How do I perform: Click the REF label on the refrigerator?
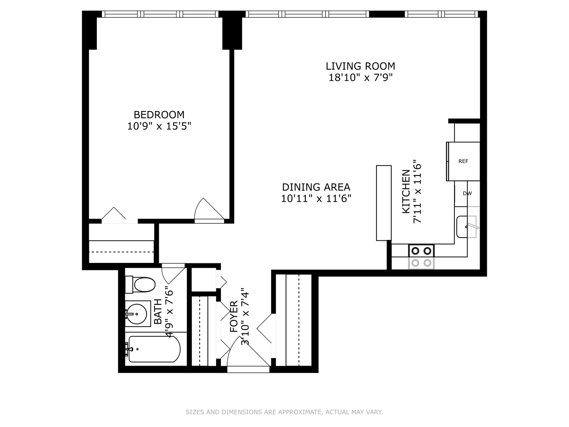point(463,161)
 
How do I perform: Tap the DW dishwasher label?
point(467,193)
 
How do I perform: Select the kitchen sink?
point(466,227)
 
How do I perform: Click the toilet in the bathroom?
point(140,285)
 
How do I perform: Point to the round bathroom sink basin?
point(136,314)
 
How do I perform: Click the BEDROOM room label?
point(159,115)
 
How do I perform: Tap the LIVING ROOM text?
point(360,66)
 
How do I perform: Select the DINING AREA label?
point(316,187)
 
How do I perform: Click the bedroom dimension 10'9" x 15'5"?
point(159,126)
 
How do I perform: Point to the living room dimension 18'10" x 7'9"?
point(361,77)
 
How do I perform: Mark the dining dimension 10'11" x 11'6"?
point(316,198)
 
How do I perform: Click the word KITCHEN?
point(406,191)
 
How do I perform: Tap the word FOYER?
point(234,317)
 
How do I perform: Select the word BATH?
point(158,312)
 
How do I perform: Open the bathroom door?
point(173,275)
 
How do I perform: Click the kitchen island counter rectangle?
point(384,203)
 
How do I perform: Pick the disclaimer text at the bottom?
point(284,412)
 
